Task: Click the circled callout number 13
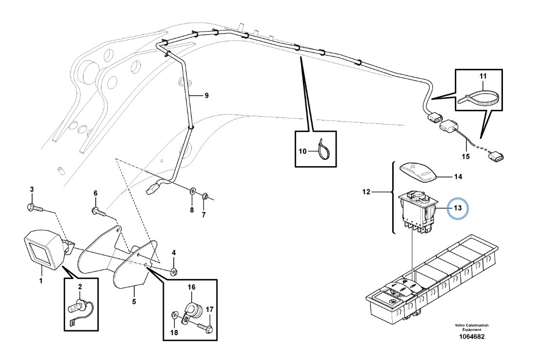click(457, 208)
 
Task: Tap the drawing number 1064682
click(471, 337)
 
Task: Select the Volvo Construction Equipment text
click(471, 327)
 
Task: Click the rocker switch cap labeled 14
click(418, 172)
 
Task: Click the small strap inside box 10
click(323, 148)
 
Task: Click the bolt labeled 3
click(35, 208)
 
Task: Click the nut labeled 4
click(173, 272)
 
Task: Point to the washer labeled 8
click(193, 191)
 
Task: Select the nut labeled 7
click(205, 196)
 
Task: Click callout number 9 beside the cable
click(207, 96)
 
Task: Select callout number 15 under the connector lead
click(466, 156)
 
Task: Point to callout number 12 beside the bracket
click(366, 192)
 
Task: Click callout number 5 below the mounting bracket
click(134, 302)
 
